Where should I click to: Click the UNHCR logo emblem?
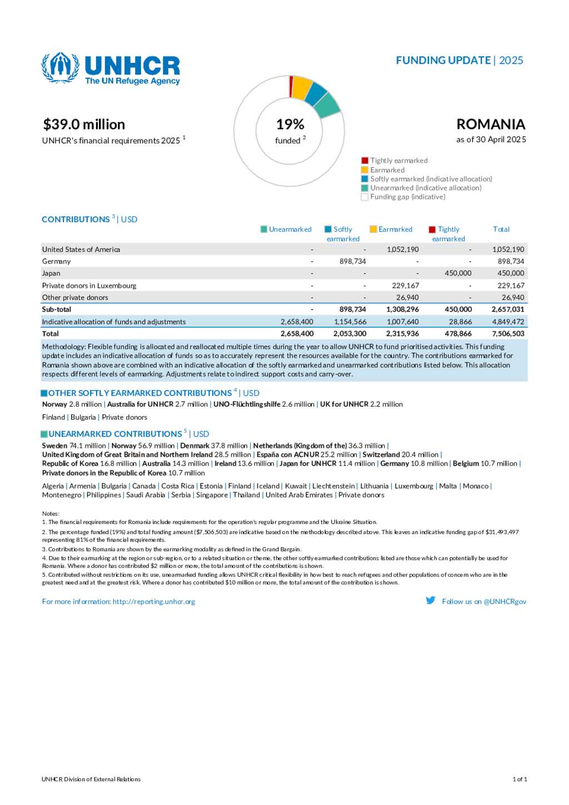pyautogui.click(x=60, y=68)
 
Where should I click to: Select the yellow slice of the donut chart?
pyautogui.click(x=301, y=87)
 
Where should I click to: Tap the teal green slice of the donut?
pyautogui.click(x=327, y=106)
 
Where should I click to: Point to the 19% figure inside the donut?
pyautogui.click(x=290, y=124)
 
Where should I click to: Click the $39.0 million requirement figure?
pyautogui.click(x=84, y=124)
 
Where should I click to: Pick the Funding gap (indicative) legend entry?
pyautogui.click(x=403, y=197)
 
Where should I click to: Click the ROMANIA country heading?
pyautogui.click(x=491, y=124)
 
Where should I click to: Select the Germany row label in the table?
pyautogui.click(x=56, y=261)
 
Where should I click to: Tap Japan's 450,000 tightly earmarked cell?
pyautogui.click(x=458, y=273)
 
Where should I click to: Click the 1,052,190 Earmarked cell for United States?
pyautogui.click(x=403, y=249)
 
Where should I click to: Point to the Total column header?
pyautogui.click(x=501, y=229)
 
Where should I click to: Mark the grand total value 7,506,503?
pyautogui.click(x=508, y=334)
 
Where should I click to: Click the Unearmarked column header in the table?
pyautogui.click(x=290, y=229)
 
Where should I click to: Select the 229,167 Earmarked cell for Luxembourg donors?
pyautogui.click(x=406, y=286)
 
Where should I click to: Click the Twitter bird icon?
pyautogui.click(x=431, y=601)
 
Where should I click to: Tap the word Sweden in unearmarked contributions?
pyautogui.click(x=54, y=446)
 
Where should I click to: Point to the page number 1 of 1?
pyautogui.click(x=520, y=779)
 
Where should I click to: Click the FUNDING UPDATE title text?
pyautogui.click(x=443, y=60)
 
